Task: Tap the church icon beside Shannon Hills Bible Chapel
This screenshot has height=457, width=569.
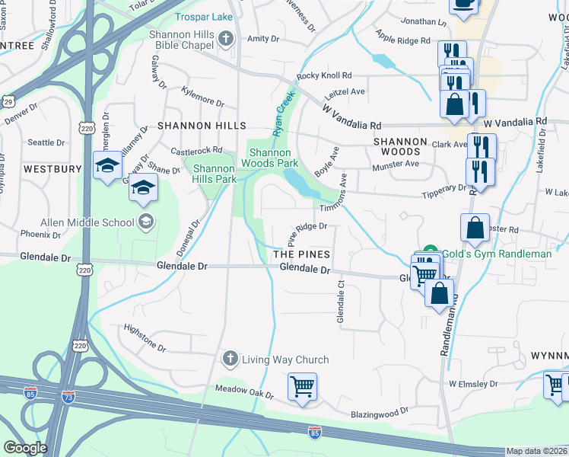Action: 225,38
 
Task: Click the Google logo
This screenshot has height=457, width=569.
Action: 24,448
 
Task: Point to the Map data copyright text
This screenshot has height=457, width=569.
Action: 536,451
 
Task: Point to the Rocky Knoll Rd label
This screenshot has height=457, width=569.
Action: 325,75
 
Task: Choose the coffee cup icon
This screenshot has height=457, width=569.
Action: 463,4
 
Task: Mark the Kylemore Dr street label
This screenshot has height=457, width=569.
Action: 202,97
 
